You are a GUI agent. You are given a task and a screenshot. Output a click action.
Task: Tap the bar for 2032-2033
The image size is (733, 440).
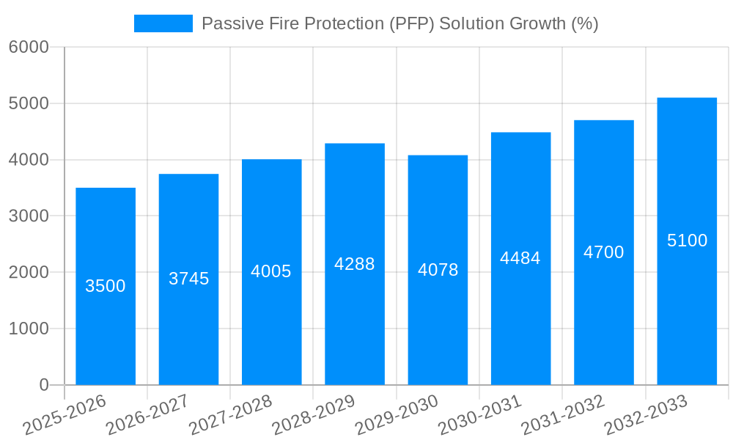[x=687, y=308]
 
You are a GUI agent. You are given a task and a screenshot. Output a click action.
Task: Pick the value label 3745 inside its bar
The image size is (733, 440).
[x=188, y=279]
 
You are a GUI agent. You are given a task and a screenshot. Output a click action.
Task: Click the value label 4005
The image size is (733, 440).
[x=271, y=271]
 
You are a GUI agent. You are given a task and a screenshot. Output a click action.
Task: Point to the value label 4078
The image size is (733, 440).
[x=438, y=270]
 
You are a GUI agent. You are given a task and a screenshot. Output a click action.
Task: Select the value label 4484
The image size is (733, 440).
[x=520, y=258]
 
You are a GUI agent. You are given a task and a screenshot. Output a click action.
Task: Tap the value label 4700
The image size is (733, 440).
[x=603, y=252]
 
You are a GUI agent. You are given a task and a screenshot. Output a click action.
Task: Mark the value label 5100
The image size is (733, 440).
[x=687, y=241]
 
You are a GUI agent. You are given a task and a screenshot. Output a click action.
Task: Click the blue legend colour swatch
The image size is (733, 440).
[x=163, y=23]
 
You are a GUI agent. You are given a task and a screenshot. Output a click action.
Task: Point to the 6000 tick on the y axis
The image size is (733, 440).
[x=29, y=47]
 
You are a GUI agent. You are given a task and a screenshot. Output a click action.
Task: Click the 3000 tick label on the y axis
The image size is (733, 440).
[x=29, y=216]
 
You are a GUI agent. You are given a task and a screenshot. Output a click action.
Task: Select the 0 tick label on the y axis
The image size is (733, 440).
[x=43, y=385]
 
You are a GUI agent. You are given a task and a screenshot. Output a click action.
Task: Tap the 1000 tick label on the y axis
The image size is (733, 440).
[x=29, y=329]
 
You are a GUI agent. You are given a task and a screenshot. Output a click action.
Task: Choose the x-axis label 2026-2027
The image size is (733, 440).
[x=147, y=415]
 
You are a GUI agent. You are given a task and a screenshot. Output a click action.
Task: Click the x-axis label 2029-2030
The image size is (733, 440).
[x=397, y=415]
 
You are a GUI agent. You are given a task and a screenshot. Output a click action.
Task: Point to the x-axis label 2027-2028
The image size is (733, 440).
[x=230, y=415]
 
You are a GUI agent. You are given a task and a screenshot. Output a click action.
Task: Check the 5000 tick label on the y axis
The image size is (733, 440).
[x=29, y=103]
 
